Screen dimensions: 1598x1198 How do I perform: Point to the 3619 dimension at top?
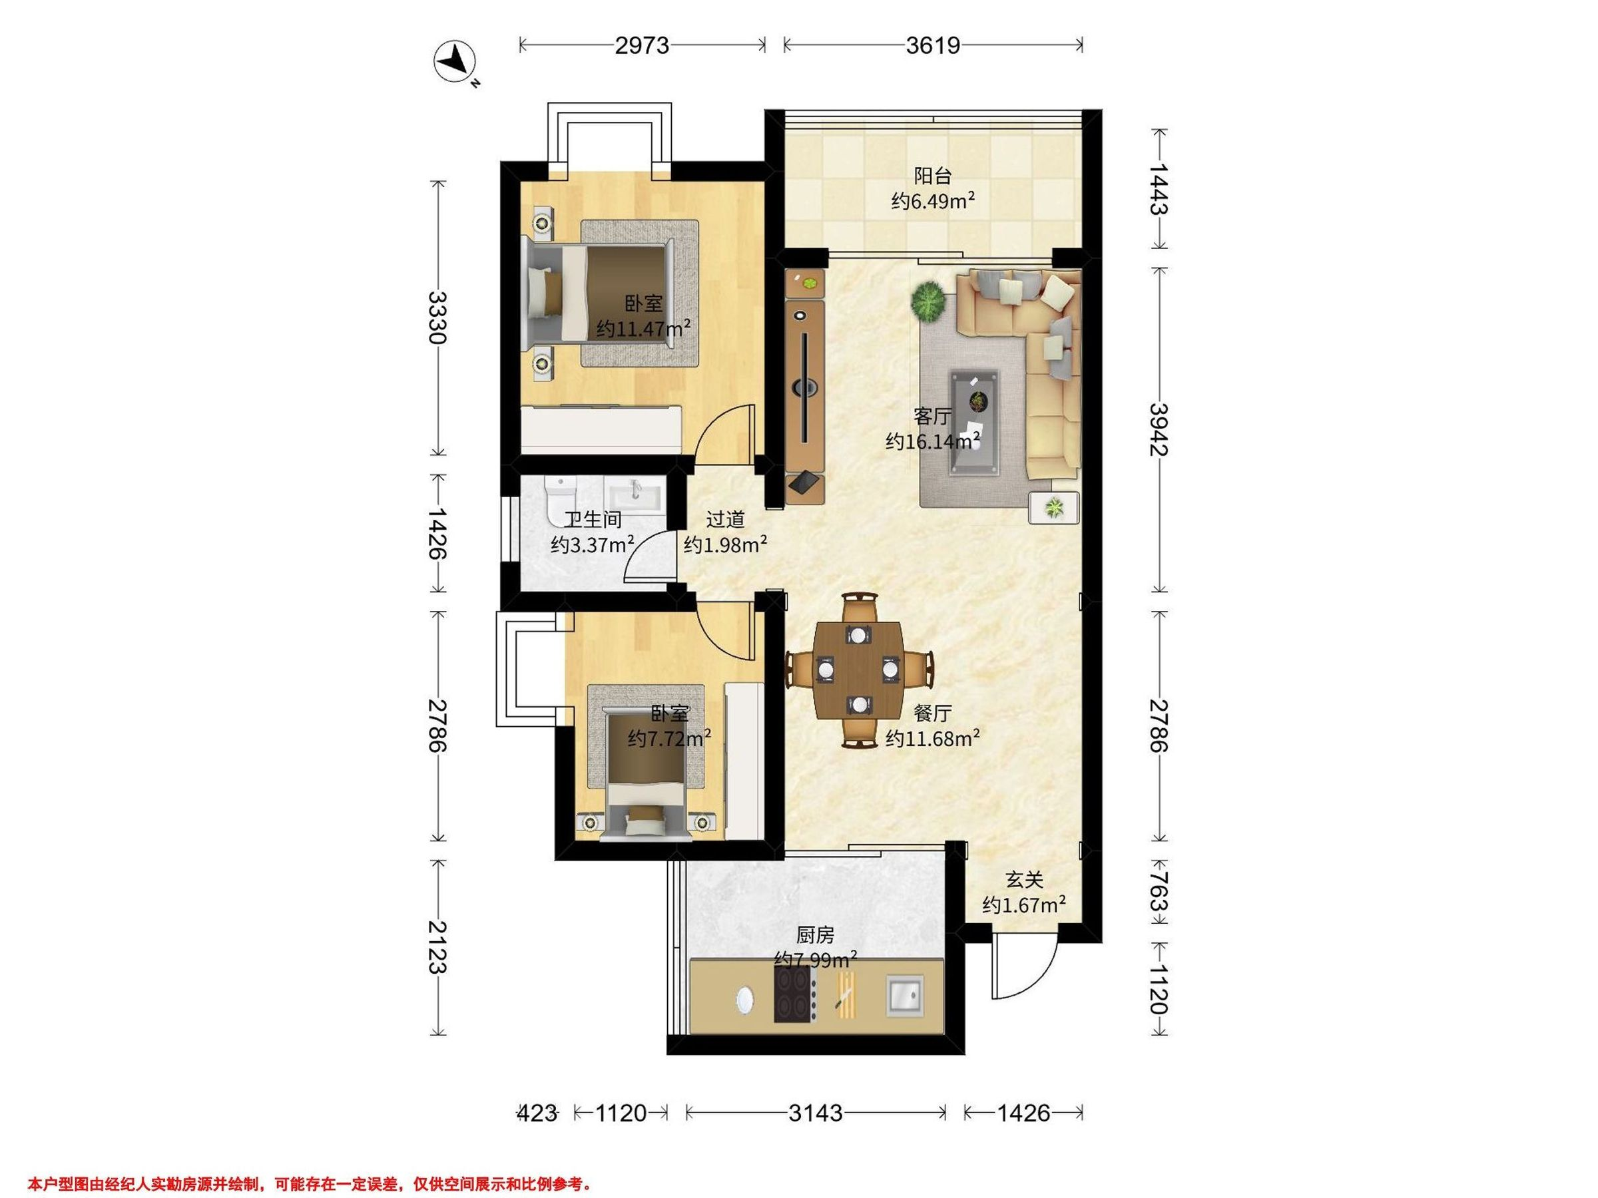point(933,45)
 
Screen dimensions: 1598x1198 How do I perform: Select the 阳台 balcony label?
point(933,176)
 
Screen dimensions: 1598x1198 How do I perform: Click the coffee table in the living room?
point(975,423)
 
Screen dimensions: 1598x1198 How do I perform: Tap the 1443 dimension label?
point(1158,188)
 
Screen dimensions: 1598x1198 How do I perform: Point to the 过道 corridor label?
point(724,519)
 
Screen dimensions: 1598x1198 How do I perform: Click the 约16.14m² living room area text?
point(933,441)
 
